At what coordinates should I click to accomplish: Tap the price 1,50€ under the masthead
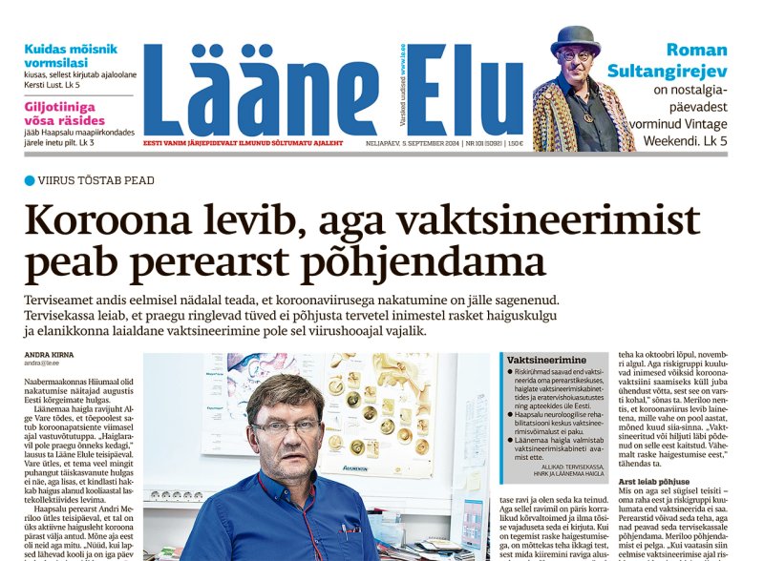pos(514,144)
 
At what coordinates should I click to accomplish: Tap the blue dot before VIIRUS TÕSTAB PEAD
pos(30,179)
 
